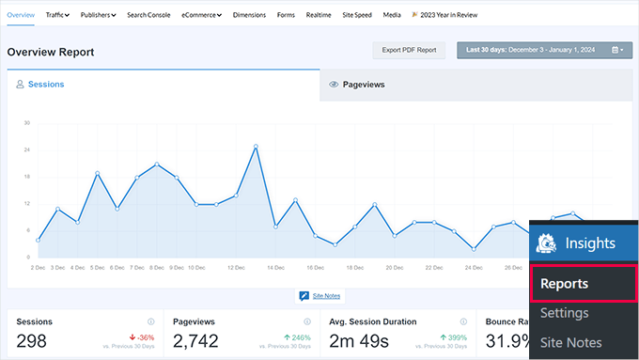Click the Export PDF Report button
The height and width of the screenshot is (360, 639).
point(409,50)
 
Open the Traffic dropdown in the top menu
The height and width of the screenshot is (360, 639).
point(58,15)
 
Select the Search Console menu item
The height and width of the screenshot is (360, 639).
point(148,15)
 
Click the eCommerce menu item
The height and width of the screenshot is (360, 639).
point(201,15)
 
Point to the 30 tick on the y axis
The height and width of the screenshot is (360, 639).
point(27,123)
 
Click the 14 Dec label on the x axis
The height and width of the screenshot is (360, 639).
point(275,267)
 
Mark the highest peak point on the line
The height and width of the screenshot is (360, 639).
point(256,146)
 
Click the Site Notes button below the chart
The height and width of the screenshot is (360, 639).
point(319,296)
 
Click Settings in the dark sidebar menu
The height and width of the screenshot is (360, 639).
point(565,313)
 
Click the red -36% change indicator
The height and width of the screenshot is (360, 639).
point(143,337)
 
